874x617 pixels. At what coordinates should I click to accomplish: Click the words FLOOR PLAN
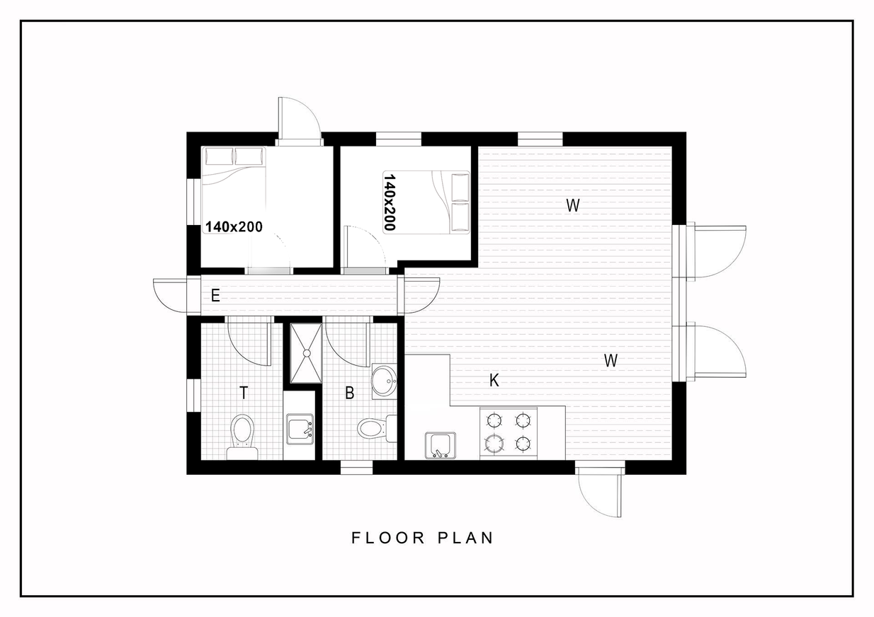[x=423, y=538]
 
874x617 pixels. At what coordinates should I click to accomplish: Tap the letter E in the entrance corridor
[x=215, y=296]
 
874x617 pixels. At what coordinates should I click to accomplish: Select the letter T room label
[x=244, y=393]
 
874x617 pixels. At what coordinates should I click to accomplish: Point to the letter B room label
[x=350, y=393]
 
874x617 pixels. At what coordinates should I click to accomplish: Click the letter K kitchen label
[x=494, y=381]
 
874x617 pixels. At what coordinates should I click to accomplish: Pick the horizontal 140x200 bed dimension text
[x=234, y=227]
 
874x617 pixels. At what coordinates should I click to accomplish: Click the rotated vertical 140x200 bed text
[x=390, y=202]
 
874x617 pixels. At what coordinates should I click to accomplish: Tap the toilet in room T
[x=242, y=437]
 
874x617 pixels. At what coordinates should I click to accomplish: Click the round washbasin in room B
[x=385, y=381]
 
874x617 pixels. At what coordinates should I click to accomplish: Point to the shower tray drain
[x=307, y=353]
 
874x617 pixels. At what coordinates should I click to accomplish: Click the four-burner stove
[x=509, y=432]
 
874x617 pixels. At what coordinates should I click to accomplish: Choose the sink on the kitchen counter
[x=441, y=445]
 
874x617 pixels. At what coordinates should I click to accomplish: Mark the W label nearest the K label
[x=611, y=361]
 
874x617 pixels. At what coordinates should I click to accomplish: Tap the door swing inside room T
[x=249, y=340]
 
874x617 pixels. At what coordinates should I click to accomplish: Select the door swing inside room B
[x=347, y=341]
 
